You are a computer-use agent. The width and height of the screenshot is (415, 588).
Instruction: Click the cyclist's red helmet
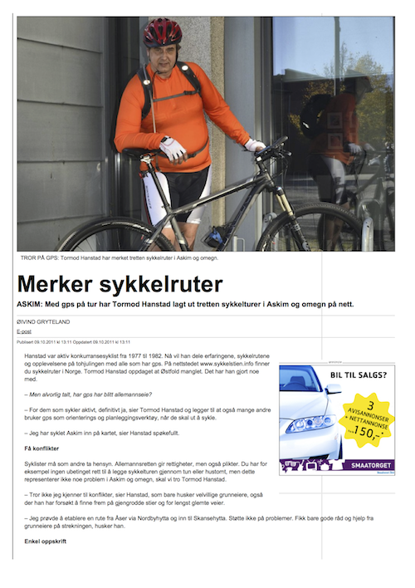pyautogui.click(x=162, y=32)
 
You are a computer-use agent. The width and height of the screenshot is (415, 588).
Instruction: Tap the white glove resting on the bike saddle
pyautogui.click(x=173, y=149)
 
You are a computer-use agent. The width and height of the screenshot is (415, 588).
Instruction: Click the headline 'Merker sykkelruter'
pyautogui.click(x=120, y=283)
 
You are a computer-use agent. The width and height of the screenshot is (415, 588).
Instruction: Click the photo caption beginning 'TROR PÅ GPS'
pyautogui.click(x=120, y=257)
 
